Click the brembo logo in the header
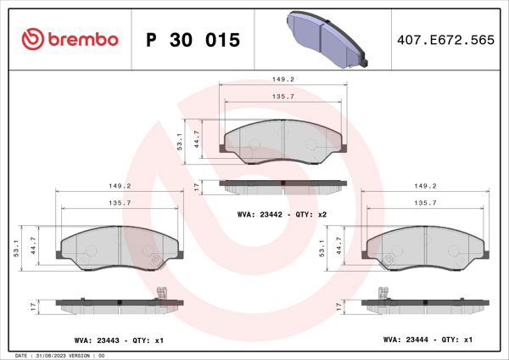pos(68,39)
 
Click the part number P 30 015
pos(193,40)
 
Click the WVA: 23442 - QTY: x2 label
pos(282,216)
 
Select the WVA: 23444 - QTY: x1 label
pos(428,340)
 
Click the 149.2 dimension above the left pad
pos(118,186)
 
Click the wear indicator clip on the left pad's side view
pos(163,294)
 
